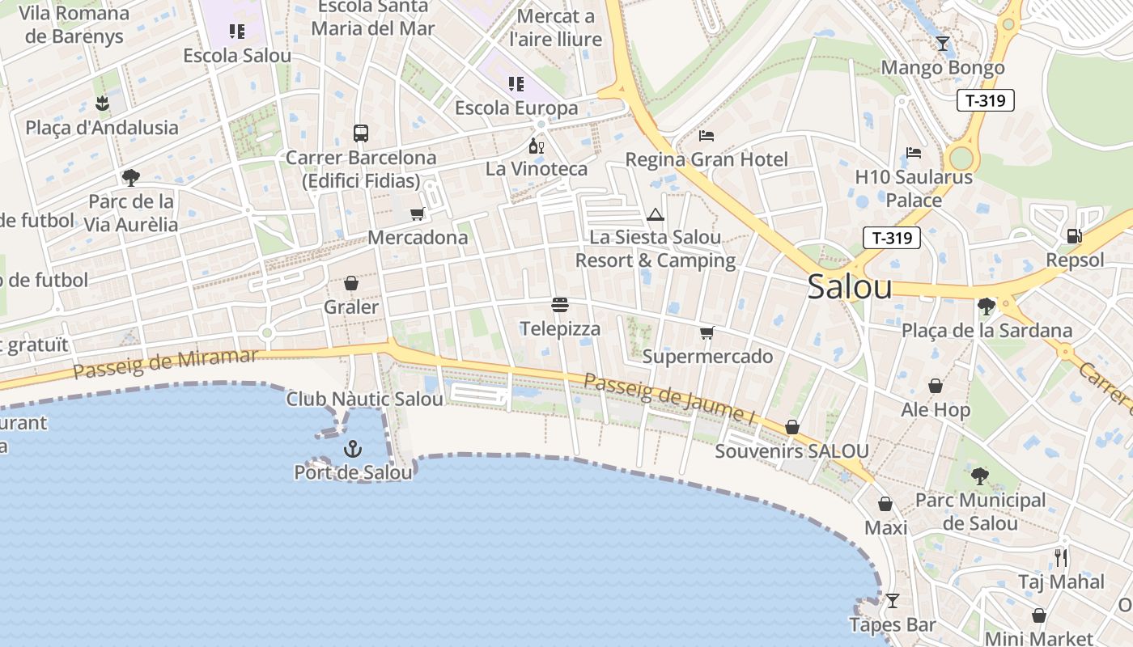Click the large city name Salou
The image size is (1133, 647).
(850, 287)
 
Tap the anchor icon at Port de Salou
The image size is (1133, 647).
(353, 449)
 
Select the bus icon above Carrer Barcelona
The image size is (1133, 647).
(361, 133)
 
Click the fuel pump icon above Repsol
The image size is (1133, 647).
(1075, 236)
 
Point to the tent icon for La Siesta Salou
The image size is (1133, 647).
(655, 214)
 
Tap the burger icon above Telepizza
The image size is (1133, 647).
(560, 305)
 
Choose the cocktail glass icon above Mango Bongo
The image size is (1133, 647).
(943, 44)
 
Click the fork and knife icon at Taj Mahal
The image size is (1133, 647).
(1061, 557)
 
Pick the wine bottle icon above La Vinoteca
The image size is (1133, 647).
(536, 146)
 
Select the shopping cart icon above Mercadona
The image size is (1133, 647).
(418, 214)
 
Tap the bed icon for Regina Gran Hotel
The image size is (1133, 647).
(707, 135)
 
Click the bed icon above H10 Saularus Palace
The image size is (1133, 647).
(914, 152)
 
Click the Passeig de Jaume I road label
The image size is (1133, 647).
(668, 400)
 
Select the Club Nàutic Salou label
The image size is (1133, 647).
(364, 400)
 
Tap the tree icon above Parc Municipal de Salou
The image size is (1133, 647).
(980, 476)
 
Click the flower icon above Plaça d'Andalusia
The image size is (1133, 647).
(102, 104)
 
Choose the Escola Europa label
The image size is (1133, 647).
(516, 108)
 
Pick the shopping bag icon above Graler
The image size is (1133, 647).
(351, 283)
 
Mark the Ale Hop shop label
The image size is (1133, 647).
(936, 410)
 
